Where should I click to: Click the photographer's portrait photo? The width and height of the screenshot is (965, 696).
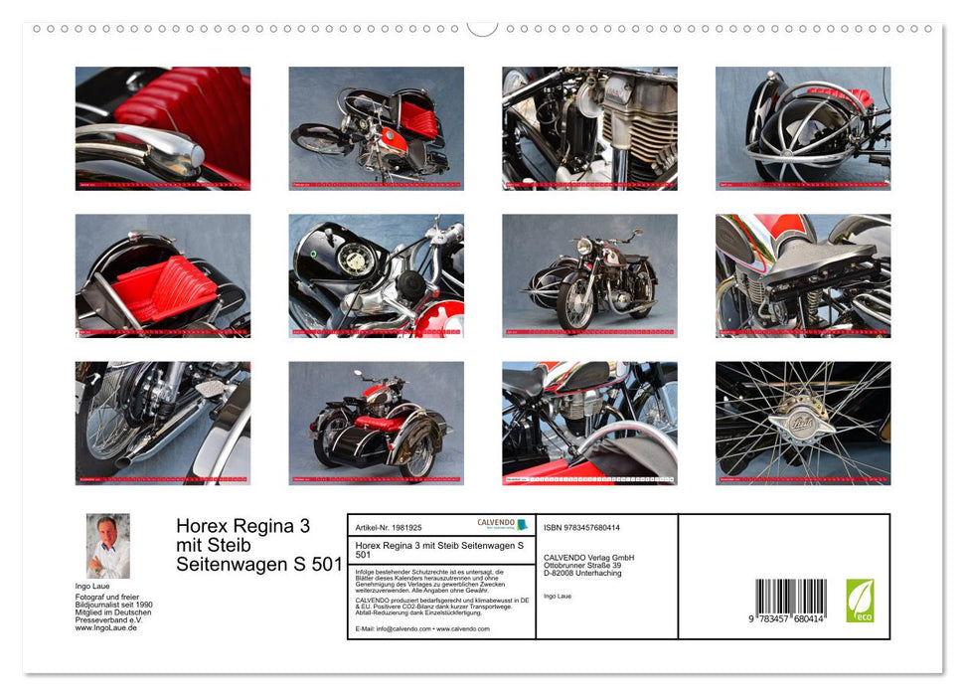pyautogui.click(x=107, y=546)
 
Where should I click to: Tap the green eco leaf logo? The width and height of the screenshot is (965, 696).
pyautogui.click(x=860, y=601)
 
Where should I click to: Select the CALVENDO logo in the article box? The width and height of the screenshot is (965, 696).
pyautogui.click(x=503, y=524)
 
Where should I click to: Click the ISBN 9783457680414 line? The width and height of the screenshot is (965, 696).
pyautogui.click(x=581, y=527)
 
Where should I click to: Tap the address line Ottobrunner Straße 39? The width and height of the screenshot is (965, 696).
pyautogui.click(x=588, y=565)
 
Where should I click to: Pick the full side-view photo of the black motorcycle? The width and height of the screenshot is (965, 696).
pyautogui.click(x=589, y=275)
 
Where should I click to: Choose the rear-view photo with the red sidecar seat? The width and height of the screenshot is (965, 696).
pyautogui.click(x=376, y=423)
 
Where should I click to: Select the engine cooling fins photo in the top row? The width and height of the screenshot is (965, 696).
pyautogui.click(x=589, y=128)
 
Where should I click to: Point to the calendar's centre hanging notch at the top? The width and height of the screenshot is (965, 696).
pyautogui.click(x=482, y=27)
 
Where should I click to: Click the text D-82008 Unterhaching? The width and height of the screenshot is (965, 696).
pyautogui.click(x=586, y=574)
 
